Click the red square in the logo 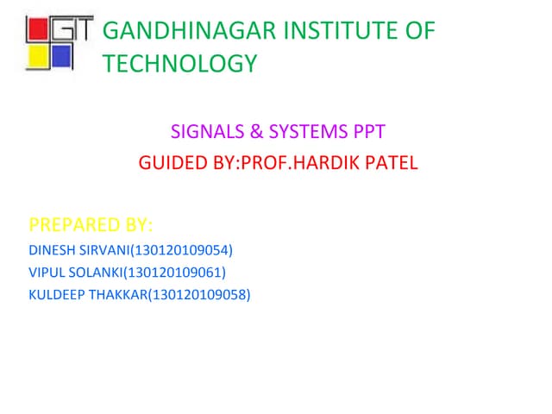point(38,32)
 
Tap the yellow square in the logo point(38,58)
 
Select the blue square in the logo point(60,57)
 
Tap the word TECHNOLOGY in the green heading point(179,64)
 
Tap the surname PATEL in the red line point(391,163)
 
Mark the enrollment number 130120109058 point(204,295)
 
